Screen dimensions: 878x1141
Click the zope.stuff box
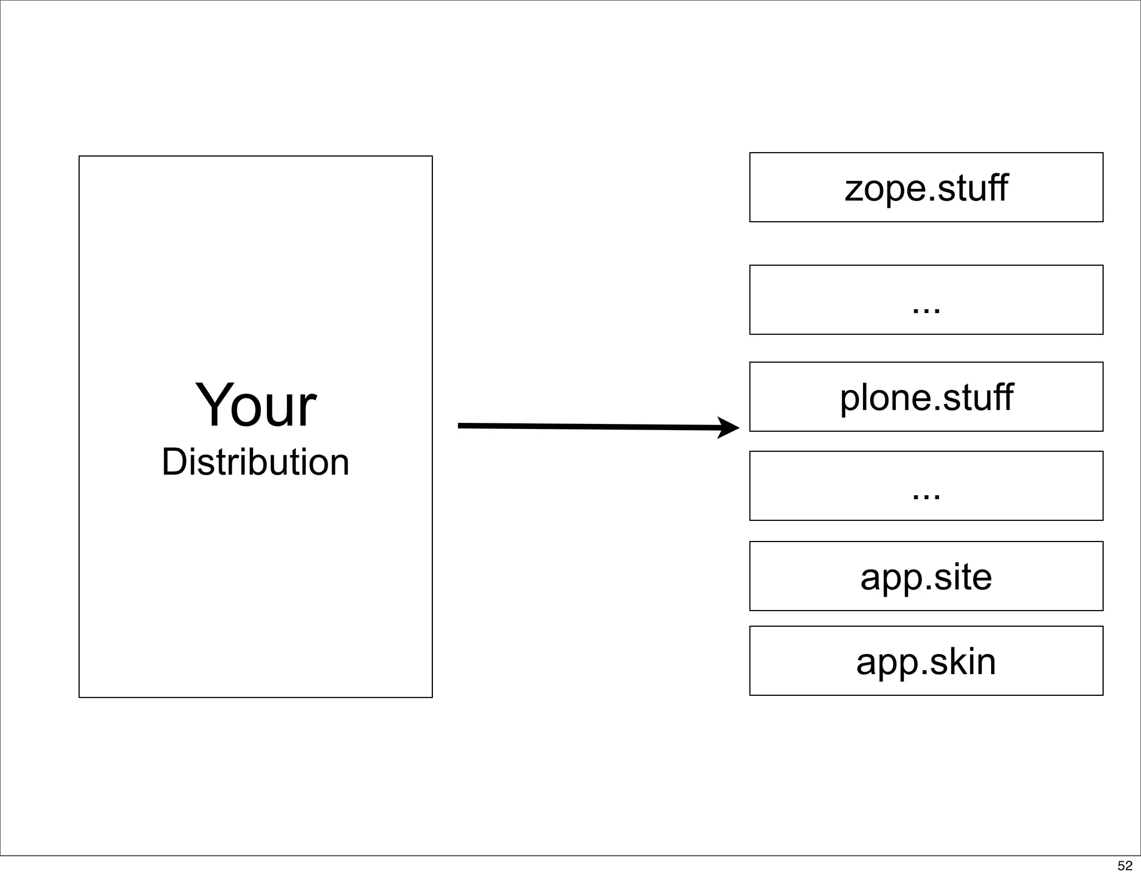point(926,187)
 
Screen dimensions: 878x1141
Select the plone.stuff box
point(926,397)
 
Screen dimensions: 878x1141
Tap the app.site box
point(926,576)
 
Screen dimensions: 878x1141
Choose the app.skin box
point(926,661)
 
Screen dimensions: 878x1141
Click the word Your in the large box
point(255,406)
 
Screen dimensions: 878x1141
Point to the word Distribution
point(255,462)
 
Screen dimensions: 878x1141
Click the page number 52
point(1125,865)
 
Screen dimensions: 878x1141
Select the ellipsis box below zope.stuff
point(926,300)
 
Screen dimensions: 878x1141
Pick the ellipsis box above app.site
point(926,486)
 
